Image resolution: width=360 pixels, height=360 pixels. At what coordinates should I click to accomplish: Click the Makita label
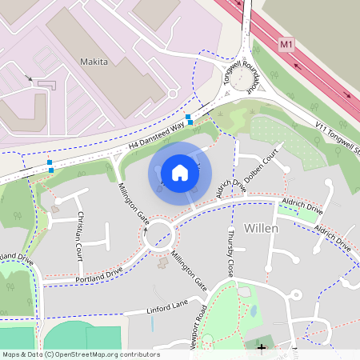click(x=94, y=60)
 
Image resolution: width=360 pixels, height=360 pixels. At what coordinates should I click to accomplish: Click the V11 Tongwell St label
click(x=329, y=135)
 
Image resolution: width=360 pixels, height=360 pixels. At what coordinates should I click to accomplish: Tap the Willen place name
click(x=261, y=228)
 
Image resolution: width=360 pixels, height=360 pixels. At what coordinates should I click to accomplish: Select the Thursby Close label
click(x=230, y=250)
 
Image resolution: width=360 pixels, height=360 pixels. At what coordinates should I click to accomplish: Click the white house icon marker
click(x=180, y=173)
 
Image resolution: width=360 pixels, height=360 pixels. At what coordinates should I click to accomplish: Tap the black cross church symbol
click(x=261, y=348)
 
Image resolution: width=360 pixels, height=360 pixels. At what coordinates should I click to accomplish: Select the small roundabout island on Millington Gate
click(x=158, y=235)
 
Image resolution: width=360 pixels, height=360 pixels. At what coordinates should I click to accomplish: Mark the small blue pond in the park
click(x=253, y=310)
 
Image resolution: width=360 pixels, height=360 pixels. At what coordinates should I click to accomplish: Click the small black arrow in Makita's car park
click(x=30, y=78)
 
